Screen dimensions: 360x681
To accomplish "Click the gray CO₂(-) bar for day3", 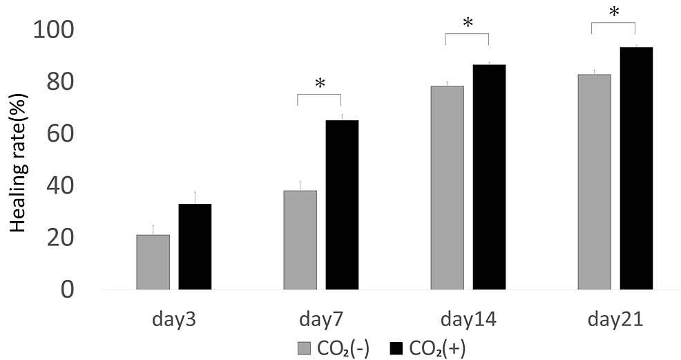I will click(x=153, y=262).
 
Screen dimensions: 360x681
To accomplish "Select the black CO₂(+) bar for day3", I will click(x=195, y=247).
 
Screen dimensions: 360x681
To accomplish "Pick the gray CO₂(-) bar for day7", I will click(x=300, y=240).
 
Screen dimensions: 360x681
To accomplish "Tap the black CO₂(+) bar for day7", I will click(x=342, y=205).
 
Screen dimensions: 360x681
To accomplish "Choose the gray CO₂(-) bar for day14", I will click(x=447, y=187).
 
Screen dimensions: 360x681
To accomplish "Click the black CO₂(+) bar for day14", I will click(x=489, y=177).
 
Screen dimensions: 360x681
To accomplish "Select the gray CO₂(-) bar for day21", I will click(x=594, y=182).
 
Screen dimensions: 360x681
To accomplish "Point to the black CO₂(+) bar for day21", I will click(x=636, y=168).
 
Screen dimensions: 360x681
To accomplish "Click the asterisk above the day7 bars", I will click(x=320, y=84).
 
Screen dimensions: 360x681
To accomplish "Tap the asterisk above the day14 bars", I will click(x=468, y=23).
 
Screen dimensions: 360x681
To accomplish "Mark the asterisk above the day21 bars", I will click(x=613, y=12).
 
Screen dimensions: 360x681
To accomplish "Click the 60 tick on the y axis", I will click(x=61, y=133).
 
